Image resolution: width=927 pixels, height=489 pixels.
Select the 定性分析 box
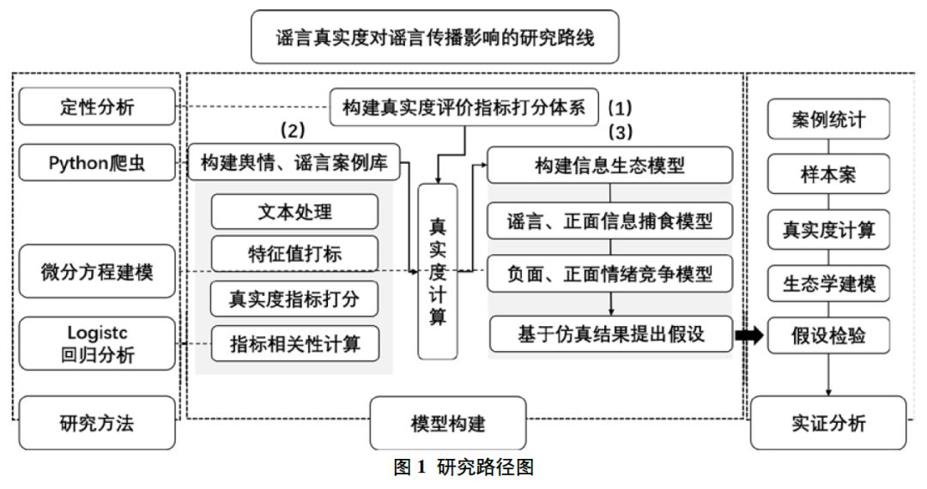(96, 107)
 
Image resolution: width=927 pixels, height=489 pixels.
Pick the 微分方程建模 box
(96, 272)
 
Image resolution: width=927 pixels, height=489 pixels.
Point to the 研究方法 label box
(96, 423)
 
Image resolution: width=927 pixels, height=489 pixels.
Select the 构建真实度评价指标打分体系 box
(464, 108)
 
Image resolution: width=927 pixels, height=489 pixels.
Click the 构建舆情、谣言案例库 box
(294, 162)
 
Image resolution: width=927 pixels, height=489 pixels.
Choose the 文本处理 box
(294, 211)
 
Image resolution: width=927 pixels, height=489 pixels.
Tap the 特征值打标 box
(294, 253)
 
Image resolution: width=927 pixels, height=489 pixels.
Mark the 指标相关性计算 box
(294, 343)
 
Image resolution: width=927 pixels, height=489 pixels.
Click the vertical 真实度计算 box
(438, 270)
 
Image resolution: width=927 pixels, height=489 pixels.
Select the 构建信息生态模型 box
(609, 166)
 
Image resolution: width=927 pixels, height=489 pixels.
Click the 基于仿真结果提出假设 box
(609, 334)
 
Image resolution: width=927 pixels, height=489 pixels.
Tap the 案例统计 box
(827, 120)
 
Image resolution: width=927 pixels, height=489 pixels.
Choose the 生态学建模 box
(827, 285)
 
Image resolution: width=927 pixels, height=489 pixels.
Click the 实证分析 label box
(827, 423)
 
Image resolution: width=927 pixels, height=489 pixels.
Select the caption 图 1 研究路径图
(463, 470)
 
